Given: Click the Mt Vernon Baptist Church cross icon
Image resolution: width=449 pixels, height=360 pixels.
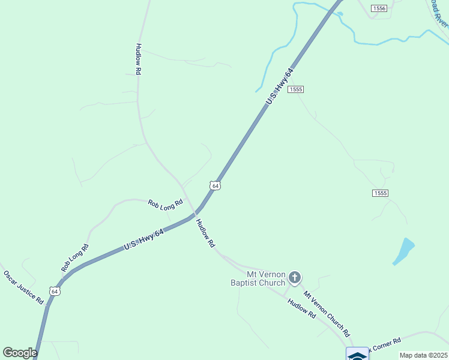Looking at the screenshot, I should click(294, 277).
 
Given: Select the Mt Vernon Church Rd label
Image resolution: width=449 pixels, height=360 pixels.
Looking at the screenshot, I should click(327, 314).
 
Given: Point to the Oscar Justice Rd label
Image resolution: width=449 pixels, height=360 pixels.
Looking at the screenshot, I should click(24, 287).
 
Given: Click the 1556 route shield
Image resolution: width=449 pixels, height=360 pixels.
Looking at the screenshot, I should click(379, 8).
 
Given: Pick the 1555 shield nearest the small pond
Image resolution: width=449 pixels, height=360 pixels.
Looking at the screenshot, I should click(380, 193).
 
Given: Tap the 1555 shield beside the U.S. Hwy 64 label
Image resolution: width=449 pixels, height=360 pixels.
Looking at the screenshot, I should click(296, 89).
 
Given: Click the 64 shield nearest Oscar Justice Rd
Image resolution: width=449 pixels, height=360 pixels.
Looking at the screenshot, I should click(55, 292).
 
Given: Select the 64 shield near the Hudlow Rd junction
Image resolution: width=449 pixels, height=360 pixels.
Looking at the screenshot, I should click(215, 185).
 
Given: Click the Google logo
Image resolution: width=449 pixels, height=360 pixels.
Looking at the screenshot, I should click(20, 353).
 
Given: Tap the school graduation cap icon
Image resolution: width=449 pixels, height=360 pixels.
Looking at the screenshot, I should click(358, 355).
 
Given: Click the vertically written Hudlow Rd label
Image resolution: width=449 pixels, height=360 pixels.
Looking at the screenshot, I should click(139, 59).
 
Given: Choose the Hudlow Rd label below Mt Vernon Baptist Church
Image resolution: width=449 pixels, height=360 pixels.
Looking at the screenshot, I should click(302, 308).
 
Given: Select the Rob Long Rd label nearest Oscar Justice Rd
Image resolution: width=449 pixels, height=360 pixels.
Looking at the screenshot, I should click(75, 257).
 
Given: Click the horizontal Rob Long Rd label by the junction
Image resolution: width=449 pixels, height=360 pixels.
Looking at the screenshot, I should click(166, 204).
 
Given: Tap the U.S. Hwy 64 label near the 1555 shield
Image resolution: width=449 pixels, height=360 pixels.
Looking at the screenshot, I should click(280, 87).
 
